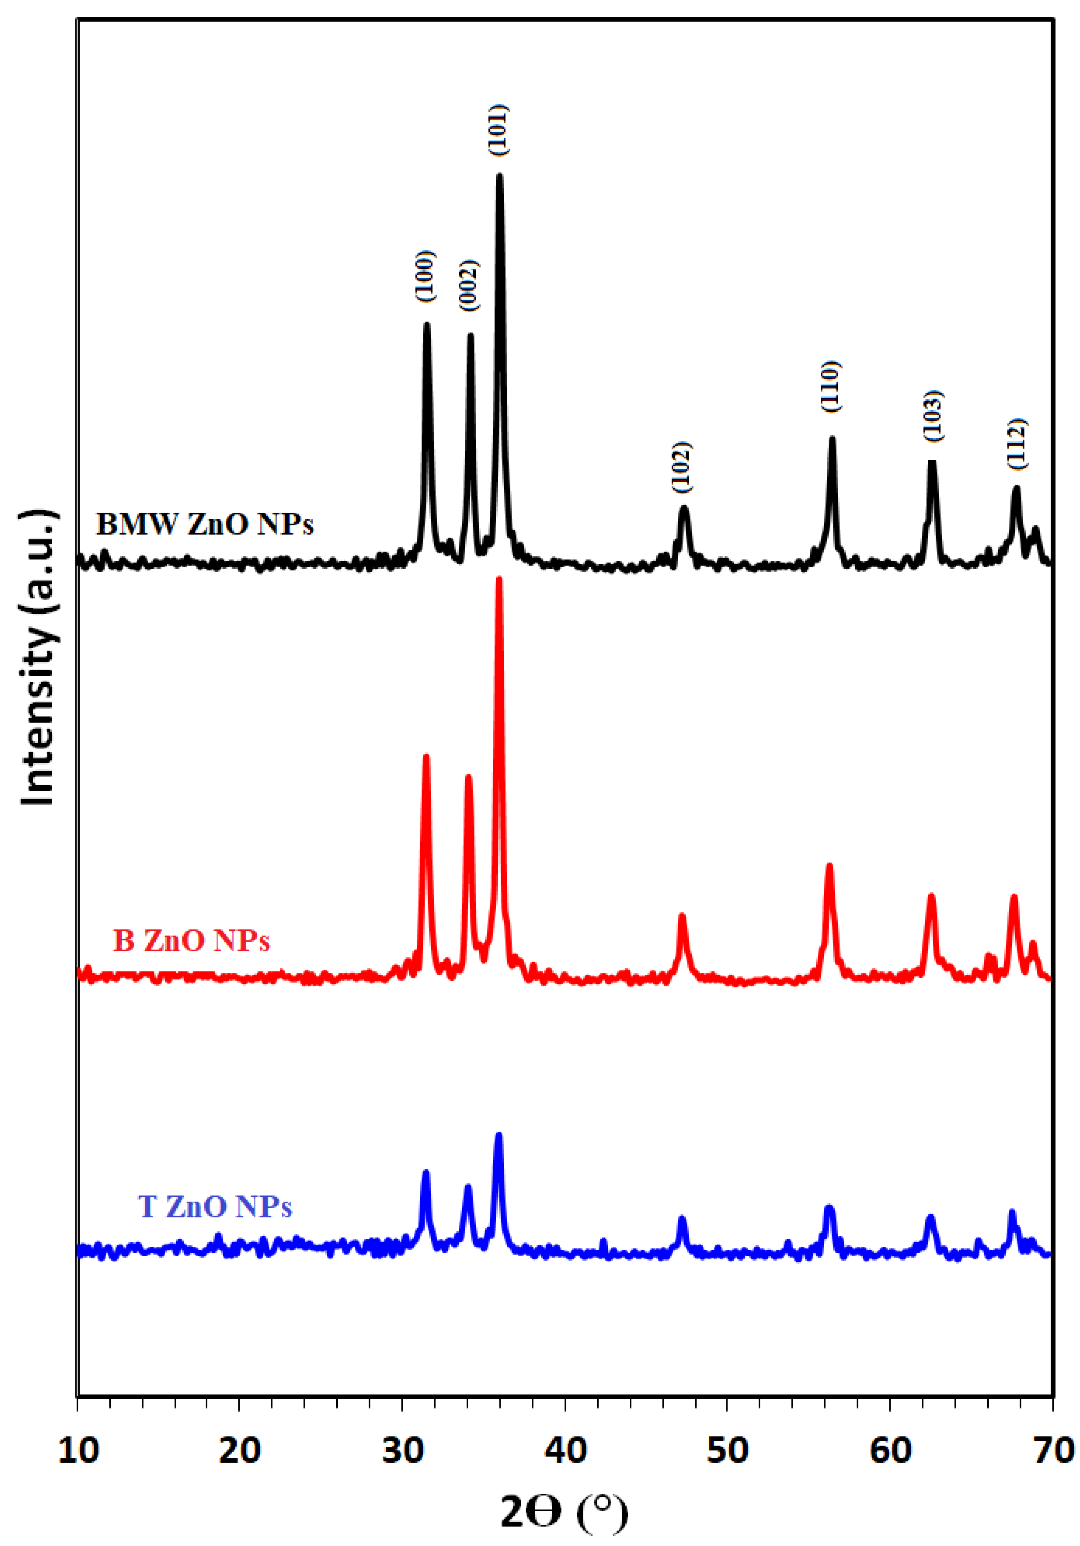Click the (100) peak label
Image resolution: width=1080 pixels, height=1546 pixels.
(425, 276)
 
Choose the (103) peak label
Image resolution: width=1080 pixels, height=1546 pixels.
(933, 416)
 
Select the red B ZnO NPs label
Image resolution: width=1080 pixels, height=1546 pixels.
(192, 941)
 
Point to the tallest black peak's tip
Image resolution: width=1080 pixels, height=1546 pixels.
(499, 176)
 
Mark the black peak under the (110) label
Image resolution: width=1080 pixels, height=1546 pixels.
(832, 439)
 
